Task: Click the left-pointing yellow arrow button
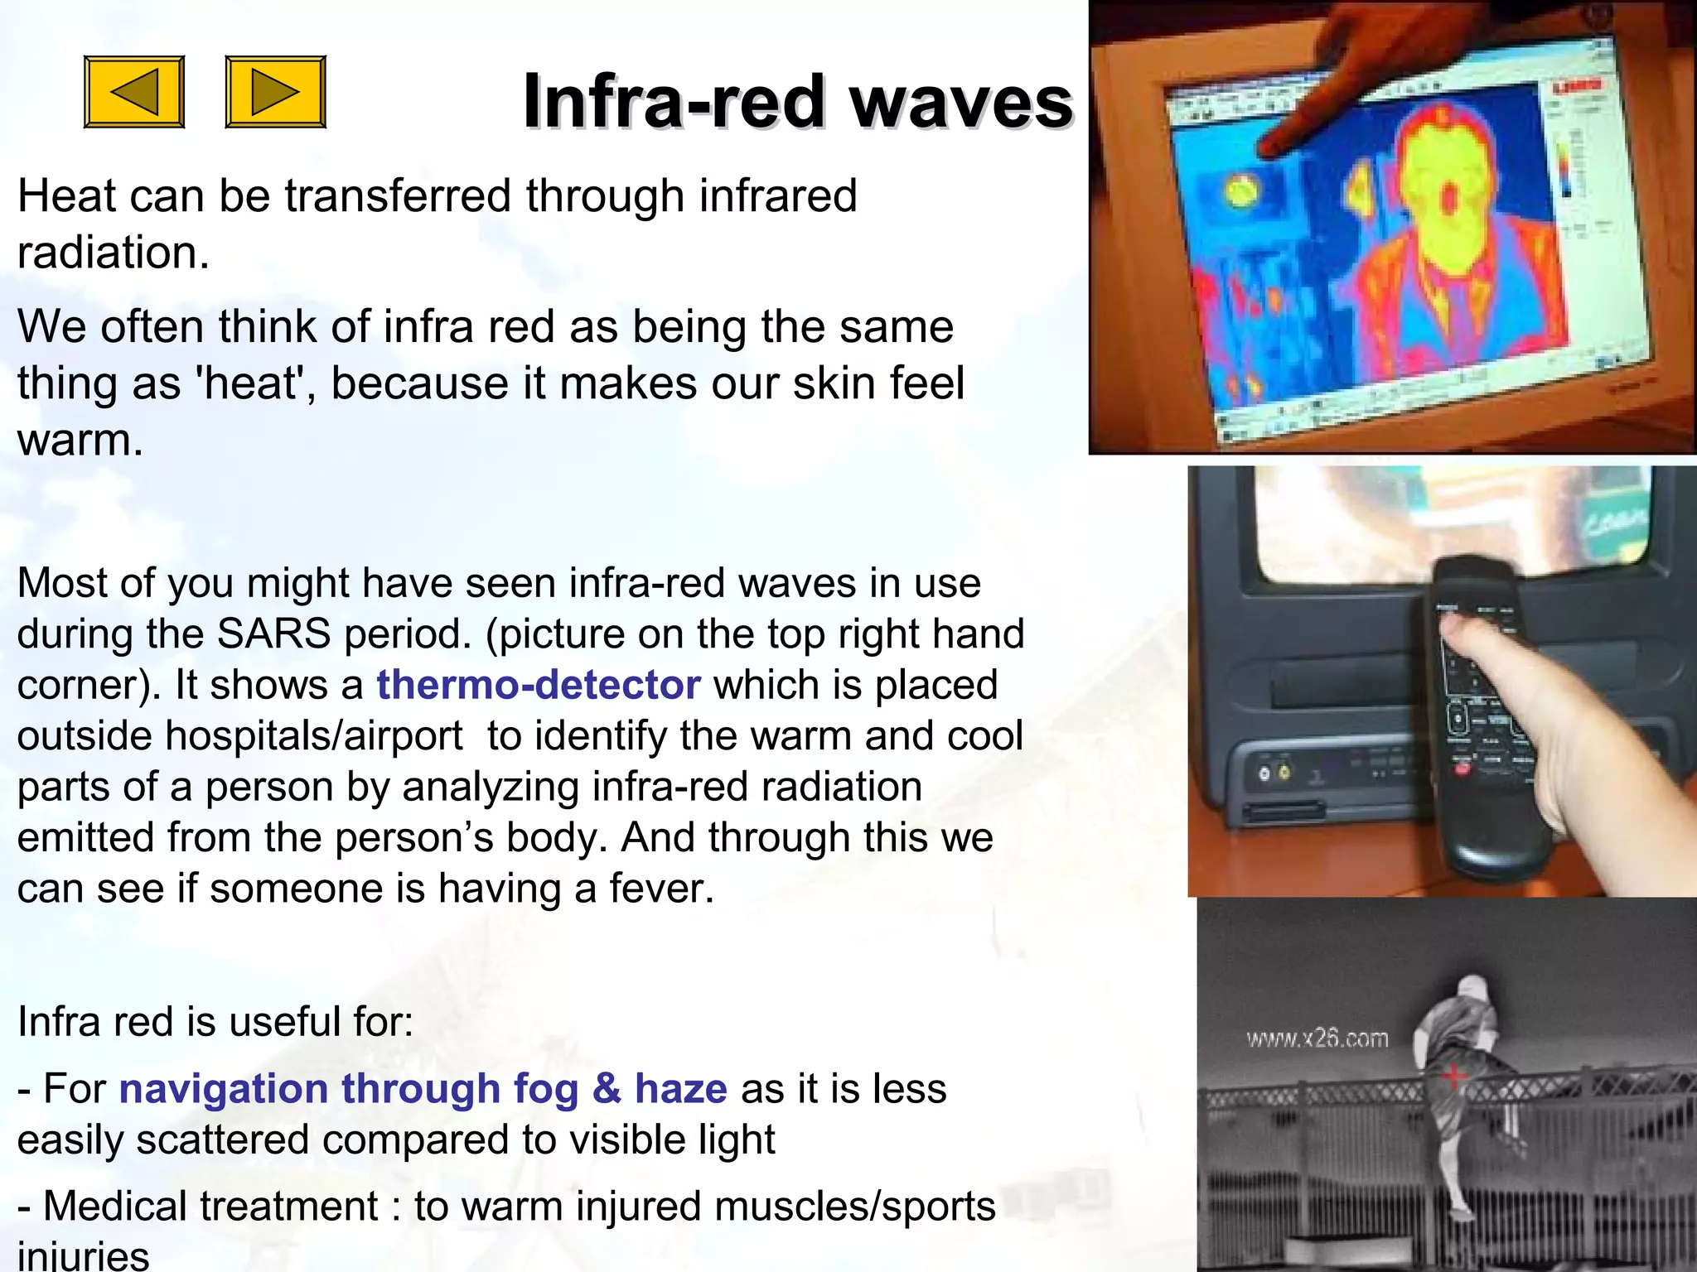(x=134, y=92)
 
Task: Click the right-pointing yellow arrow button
(x=275, y=92)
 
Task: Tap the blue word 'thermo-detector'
(x=539, y=685)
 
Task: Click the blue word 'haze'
(x=680, y=1088)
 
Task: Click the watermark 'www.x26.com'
(x=1317, y=1038)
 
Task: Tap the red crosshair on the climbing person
(x=1453, y=1076)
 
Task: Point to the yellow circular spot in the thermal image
(x=1241, y=192)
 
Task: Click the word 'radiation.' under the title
(x=114, y=253)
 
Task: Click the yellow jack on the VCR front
(x=1284, y=773)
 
